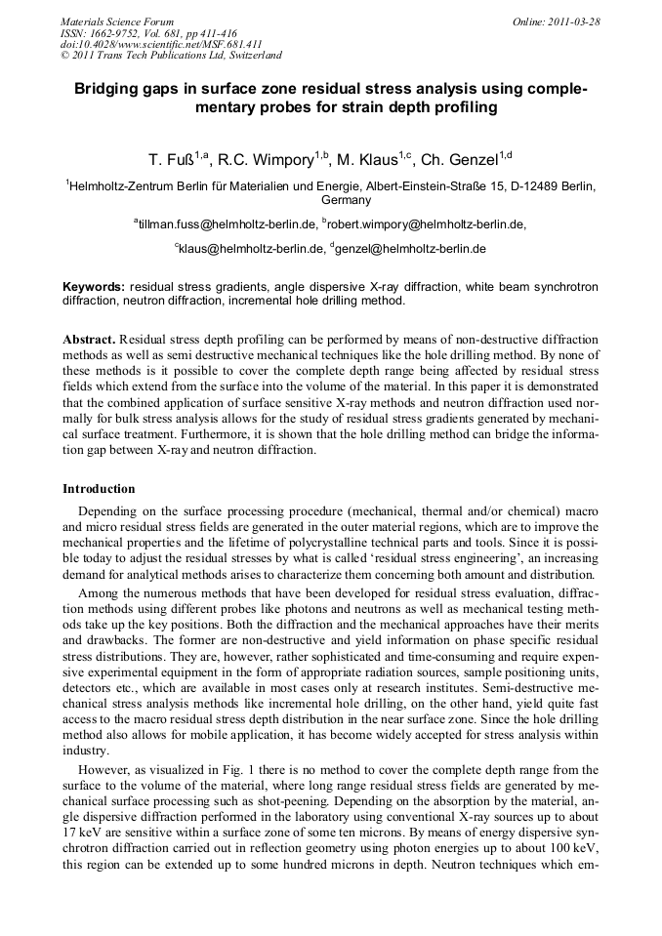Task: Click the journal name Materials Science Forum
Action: (117, 20)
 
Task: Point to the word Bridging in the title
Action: (108, 89)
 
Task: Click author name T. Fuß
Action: (169, 156)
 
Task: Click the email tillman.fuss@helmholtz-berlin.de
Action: (230, 224)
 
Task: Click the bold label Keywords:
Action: (94, 287)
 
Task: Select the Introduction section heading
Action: (99, 488)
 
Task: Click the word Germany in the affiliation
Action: (332, 200)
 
